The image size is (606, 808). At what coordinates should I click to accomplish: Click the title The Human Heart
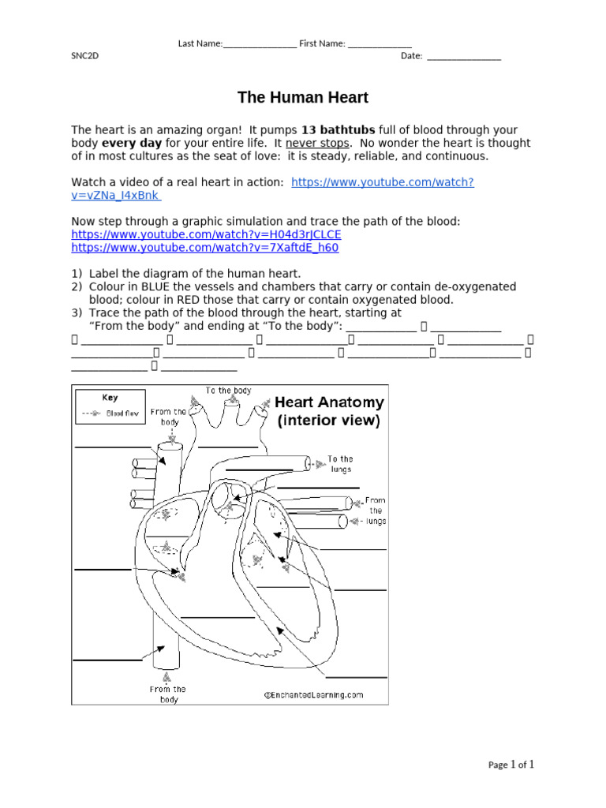point(303,98)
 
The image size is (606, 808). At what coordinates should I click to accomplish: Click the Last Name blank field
point(260,45)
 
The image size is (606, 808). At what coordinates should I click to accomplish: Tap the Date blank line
point(463,57)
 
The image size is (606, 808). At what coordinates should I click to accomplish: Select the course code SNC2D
point(85,56)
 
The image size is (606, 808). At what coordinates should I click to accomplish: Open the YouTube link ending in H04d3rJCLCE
point(206,234)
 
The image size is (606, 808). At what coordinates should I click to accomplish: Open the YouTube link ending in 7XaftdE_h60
point(204,248)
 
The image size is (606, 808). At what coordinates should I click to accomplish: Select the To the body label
point(229,391)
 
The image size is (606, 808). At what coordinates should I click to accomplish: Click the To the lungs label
point(340,464)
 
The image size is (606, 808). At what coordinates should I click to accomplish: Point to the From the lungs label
point(376,511)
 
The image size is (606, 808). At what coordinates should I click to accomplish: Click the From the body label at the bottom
point(169,694)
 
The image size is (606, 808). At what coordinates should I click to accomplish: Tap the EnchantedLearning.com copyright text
point(313,695)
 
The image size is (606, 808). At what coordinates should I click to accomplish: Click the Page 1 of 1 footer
point(511,765)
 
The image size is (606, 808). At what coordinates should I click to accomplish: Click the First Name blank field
point(380,45)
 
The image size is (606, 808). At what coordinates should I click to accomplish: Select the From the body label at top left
point(169,417)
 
